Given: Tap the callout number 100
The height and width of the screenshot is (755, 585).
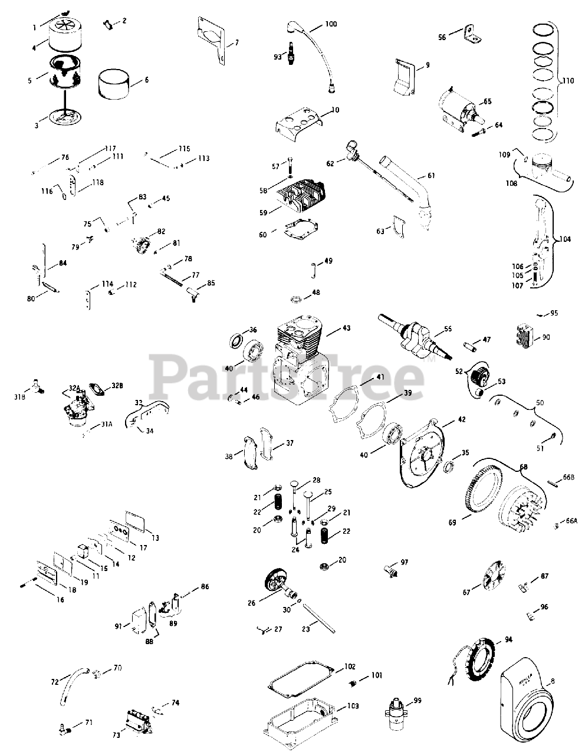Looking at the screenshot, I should click(x=331, y=24).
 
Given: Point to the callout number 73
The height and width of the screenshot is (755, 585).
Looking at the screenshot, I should click(x=116, y=735).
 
